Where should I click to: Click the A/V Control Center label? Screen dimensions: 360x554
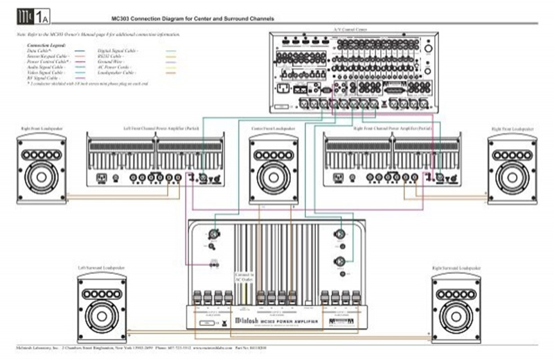coord(352,31)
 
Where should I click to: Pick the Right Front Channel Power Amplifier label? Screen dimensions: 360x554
coord(392,129)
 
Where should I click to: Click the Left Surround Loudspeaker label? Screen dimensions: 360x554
coord(101,267)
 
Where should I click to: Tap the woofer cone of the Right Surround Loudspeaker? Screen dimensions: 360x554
coord(456,316)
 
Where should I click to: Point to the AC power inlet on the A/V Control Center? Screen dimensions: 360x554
coord(283,89)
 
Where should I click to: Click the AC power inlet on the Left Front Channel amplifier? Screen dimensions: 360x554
coord(101,178)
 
